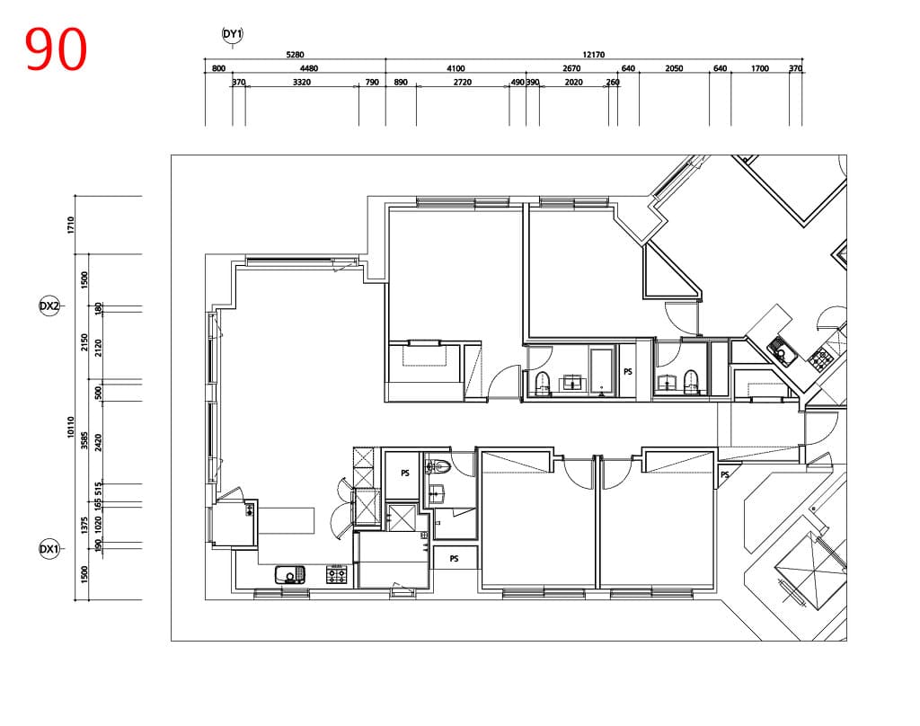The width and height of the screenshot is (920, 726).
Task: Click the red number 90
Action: coord(57,50)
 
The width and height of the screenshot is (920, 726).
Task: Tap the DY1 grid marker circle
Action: coord(233,34)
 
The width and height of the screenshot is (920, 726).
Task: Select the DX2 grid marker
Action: coord(49,305)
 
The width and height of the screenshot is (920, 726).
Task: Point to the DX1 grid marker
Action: coord(49,549)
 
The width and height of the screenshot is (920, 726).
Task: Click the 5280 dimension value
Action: coord(295,55)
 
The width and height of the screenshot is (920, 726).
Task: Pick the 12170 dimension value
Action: coord(593,55)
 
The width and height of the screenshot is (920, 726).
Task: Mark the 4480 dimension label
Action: coord(309,68)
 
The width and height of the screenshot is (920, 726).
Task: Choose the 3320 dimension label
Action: coord(302,82)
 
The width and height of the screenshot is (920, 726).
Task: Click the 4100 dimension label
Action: coord(456,68)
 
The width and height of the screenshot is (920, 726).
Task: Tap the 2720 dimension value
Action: coord(463,82)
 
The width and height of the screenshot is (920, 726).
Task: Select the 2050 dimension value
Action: coord(674,68)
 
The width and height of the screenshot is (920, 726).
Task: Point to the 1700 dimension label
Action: coord(759,68)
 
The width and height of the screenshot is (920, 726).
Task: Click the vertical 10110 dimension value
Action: coord(71,427)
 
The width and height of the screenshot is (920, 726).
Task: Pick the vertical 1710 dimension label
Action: coord(71,225)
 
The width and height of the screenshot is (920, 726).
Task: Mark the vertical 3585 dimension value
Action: coord(84,441)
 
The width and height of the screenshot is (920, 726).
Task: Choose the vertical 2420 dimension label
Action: coord(99,443)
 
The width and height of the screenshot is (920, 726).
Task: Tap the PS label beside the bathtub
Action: coord(628,371)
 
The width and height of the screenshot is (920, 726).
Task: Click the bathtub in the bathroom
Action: coord(602,372)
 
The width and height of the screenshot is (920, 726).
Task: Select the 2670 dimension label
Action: coord(571,68)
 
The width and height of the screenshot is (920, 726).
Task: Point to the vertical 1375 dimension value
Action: coord(84,525)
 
